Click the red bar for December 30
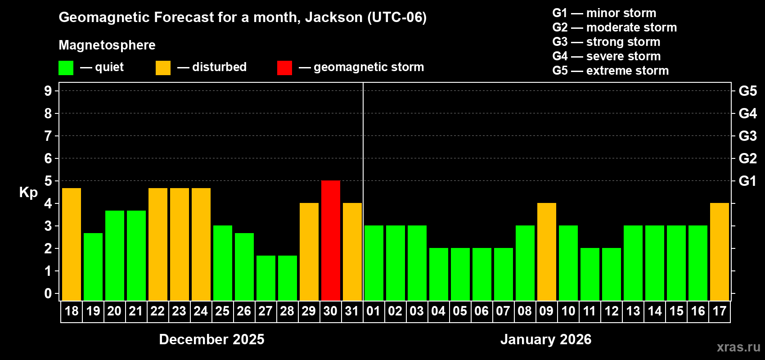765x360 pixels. [331, 240]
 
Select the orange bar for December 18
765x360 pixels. [72, 244]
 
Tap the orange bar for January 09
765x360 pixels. [547, 252]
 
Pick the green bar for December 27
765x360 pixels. [266, 278]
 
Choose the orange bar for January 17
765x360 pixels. [720, 252]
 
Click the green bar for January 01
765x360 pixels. [374, 263]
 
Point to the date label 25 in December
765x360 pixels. [222, 311]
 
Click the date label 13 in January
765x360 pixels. [633, 311]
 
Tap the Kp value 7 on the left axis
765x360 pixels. [48, 136]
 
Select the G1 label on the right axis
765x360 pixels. [747, 181]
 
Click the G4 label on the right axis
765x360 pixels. [747, 113]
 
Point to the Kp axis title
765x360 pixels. [28, 192]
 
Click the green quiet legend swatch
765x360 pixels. [66, 68]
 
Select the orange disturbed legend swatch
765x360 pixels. [163, 68]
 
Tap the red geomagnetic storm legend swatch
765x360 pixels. [284, 68]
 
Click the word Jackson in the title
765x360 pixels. [333, 17]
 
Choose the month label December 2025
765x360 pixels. [211, 339]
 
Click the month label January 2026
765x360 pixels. [546, 339]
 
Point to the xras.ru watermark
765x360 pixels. [738, 347]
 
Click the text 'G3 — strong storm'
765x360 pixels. [606, 42]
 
